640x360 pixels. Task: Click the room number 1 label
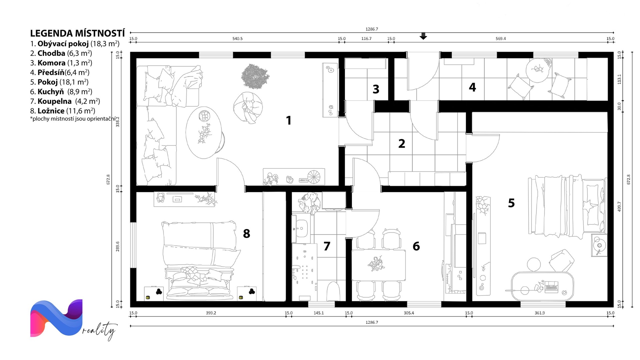click(289, 120)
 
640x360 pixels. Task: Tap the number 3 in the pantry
click(376, 89)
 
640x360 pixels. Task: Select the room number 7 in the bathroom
click(327, 246)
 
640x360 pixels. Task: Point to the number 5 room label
click(511, 203)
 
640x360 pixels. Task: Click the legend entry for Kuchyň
click(61, 92)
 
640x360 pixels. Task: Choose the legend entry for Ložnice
click(63, 111)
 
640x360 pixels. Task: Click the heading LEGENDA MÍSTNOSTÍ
click(77, 33)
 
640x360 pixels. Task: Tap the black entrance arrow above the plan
click(423, 36)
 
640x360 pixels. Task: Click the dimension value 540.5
click(237, 39)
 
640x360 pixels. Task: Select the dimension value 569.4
click(501, 39)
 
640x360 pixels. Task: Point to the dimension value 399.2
click(211, 313)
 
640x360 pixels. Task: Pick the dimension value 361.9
click(540, 313)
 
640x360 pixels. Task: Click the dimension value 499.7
click(619, 207)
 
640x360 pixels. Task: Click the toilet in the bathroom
click(333, 291)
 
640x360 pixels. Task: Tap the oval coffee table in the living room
click(204, 132)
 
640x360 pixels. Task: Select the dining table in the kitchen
click(379, 265)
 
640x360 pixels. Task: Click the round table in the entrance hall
click(537, 70)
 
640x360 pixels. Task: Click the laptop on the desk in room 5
click(551, 287)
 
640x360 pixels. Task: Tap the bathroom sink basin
click(301, 228)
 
